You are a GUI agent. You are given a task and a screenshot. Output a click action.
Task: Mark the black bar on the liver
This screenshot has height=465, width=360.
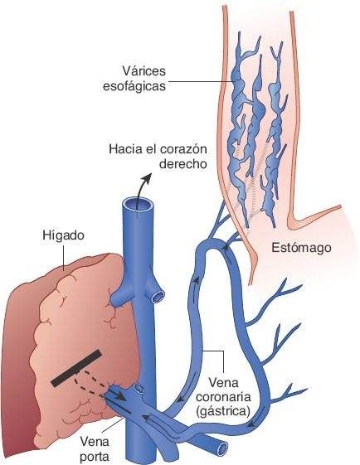[77, 368]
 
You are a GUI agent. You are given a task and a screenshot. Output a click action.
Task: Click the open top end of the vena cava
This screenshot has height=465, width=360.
[138, 202]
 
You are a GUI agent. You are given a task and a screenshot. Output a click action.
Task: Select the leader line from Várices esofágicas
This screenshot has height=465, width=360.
[199, 80]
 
